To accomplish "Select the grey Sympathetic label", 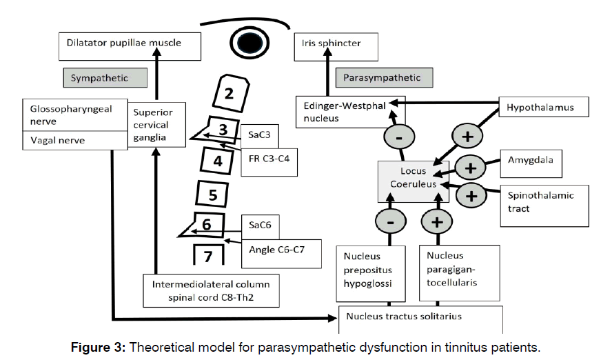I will coord(105,77).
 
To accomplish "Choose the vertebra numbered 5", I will coord(213,194).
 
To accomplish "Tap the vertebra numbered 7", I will coord(208,256).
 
